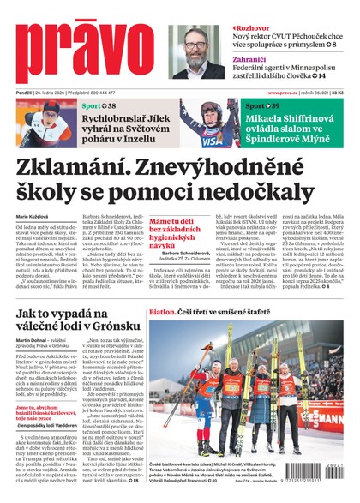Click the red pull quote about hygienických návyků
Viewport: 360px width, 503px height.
[x=177, y=232]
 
